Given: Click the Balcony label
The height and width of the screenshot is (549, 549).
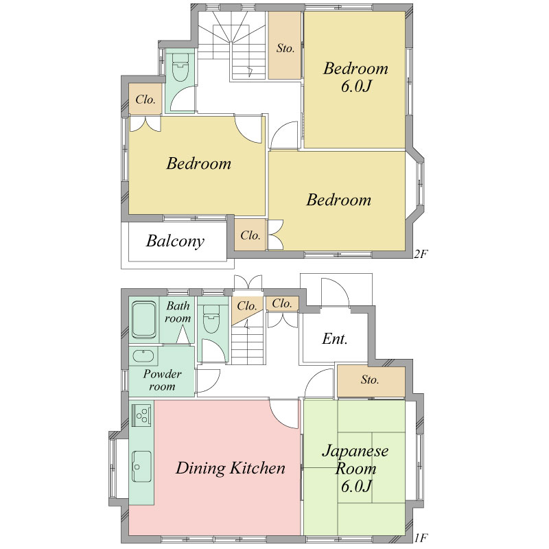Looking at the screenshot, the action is coord(175,242).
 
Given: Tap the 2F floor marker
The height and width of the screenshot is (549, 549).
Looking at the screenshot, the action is coord(421,254).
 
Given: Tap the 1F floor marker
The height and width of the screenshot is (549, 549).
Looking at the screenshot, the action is coord(421,537).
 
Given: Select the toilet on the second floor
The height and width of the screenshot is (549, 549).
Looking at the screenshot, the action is coord(180,67).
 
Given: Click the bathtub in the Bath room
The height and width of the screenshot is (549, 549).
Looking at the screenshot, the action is coord(144,320).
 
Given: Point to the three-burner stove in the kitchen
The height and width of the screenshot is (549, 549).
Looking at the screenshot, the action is coord(142,415).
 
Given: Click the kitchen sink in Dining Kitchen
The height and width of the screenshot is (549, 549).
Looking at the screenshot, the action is coord(141,467).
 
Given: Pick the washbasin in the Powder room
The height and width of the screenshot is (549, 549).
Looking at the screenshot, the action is coord(143,356).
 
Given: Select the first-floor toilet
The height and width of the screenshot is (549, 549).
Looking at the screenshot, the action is coord(211,318).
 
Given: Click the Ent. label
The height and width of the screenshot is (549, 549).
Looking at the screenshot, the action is coord(335,339).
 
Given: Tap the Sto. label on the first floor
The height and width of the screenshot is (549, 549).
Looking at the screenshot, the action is coord(370,379).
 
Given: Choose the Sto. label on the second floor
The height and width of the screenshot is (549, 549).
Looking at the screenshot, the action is coord(285,48).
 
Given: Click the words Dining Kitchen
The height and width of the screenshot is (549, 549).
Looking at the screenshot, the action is coord(231,468).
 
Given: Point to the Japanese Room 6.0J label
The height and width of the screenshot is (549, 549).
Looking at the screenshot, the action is coord(355,468).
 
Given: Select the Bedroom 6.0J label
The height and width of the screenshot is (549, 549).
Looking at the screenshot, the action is coord(355,77).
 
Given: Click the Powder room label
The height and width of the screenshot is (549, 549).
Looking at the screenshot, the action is coord(162,380).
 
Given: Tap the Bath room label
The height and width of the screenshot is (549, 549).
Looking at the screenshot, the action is coord(178,312).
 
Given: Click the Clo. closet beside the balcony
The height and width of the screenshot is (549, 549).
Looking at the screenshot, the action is coord(250,235).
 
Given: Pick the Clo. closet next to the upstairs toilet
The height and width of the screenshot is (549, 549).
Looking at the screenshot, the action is coord(145,100).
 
